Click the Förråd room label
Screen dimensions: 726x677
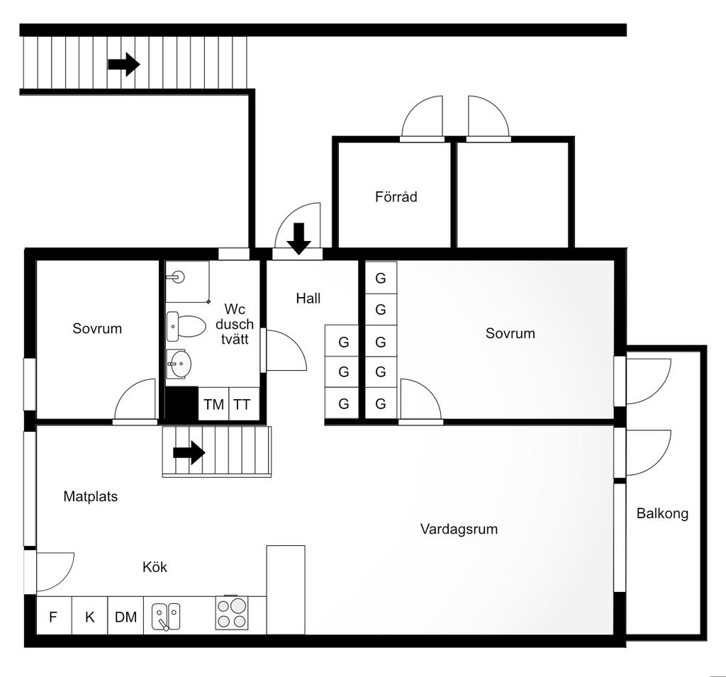click(396, 197)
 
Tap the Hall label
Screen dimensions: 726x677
click(308, 298)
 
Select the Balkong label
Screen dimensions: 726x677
click(662, 513)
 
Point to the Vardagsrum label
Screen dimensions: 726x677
click(459, 529)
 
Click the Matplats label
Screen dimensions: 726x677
click(90, 496)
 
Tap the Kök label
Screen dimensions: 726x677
click(155, 567)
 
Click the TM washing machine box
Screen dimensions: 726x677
click(213, 404)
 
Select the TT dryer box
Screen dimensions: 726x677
click(244, 404)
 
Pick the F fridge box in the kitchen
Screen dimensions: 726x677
click(54, 616)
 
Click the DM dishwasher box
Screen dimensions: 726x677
click(125, 616)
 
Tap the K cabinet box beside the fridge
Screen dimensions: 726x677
click(90, 616)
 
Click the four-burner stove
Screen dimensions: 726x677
click(232, 612)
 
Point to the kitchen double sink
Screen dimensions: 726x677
click(166, 616)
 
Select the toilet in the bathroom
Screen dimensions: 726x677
click(186, 326)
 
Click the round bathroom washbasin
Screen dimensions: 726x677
click(179, 364)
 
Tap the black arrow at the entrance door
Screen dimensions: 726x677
click(298, 239)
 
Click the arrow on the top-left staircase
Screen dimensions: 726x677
click(124, 64)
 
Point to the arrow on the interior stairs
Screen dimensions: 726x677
click(189, 452)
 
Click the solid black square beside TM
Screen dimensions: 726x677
click(181, 404)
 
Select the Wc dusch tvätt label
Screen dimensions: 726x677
click(235, 324)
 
